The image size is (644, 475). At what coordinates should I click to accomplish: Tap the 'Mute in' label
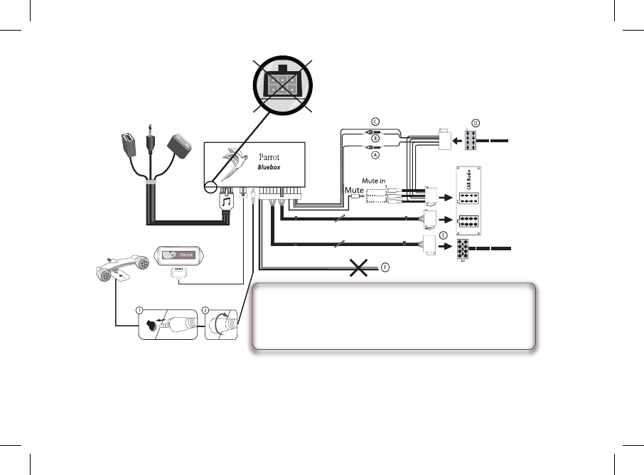tap(375, 182)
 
